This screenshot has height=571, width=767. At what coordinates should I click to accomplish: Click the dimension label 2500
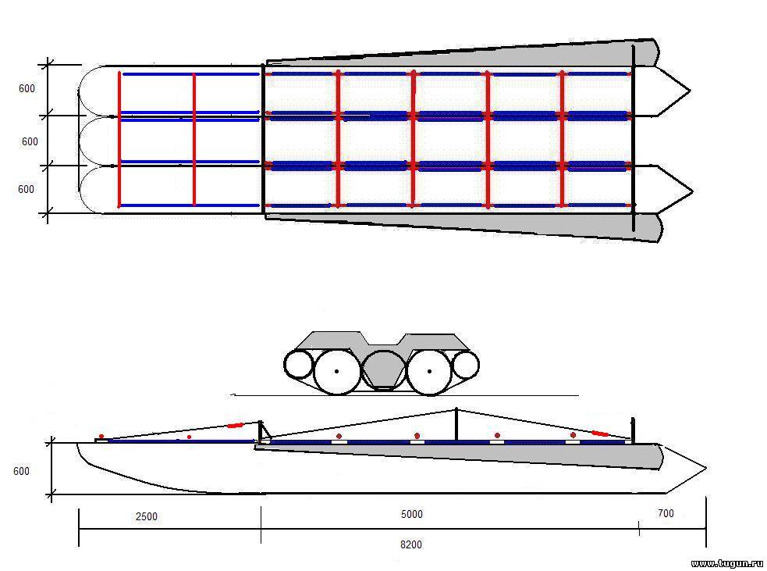146,516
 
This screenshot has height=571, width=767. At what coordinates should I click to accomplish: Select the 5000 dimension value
411,514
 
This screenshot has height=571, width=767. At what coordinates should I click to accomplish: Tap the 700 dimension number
666,513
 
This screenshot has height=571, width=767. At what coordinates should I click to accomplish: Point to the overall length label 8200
411,544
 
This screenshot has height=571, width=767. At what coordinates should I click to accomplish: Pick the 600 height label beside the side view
21,471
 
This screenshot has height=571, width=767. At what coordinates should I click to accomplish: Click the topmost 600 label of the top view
27,88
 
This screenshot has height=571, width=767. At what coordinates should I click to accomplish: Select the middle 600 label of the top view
30,141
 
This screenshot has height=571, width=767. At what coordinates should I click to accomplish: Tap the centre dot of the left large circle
336,371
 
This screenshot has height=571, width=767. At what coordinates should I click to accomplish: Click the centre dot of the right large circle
429,371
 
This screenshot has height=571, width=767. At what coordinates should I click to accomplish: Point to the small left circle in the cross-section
298,365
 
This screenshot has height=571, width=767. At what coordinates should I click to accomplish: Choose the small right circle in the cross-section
465,366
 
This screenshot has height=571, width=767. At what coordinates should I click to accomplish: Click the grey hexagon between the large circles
385,369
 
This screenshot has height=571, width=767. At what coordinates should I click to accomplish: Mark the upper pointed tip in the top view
691,91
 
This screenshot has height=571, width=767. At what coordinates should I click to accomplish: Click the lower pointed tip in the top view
693,191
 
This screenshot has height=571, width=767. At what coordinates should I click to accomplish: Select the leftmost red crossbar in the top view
119,140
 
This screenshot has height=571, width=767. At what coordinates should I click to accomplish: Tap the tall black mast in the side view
456,425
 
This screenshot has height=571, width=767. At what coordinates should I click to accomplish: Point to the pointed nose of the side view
706,468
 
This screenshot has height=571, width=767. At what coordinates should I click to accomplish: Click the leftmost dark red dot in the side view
101,437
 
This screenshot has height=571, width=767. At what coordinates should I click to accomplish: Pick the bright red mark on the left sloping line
236,426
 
